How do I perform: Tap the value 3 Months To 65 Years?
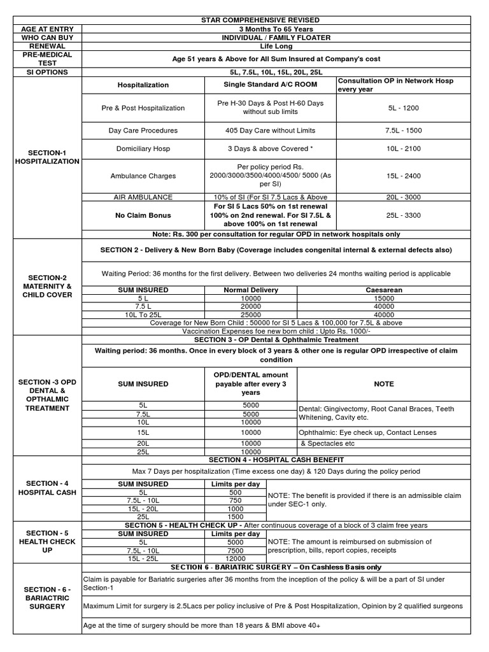click(276, 29)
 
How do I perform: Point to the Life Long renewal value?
click(276, 46)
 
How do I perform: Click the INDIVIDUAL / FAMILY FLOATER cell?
click(276, 38)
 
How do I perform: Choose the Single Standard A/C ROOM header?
click(270, 85)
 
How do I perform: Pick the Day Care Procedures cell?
click(143, 131)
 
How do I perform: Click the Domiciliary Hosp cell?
click(143, 148)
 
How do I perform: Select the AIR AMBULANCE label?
click(143, 197)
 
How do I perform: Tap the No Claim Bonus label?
click(143, 215)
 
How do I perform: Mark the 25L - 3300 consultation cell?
click(404, 215)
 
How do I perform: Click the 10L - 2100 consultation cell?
click(404, 148)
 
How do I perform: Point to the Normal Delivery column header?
click(251, 290)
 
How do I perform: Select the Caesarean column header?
click(384, 290)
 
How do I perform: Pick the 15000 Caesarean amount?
click(384, 298)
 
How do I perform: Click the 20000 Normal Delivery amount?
click(251, 306)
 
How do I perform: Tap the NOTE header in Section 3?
click(384, 384)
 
